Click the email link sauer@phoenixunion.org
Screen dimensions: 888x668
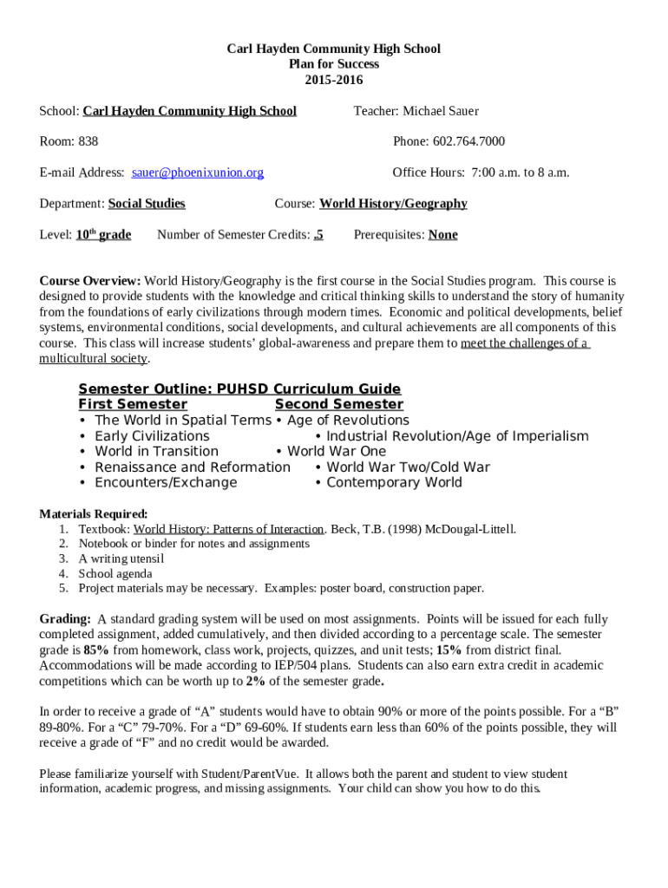198,173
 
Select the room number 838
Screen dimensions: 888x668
88,141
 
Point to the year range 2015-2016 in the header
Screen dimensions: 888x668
334,80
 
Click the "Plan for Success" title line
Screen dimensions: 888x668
334,64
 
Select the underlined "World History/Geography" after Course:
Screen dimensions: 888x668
393,204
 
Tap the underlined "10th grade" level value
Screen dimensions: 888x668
103,234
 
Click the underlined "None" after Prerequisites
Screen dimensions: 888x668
442,234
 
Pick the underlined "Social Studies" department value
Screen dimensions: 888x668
146,204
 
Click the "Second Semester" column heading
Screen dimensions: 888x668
338,404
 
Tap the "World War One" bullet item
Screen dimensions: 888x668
337,451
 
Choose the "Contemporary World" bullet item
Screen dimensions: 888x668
394,482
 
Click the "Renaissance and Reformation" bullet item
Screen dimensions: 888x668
193,467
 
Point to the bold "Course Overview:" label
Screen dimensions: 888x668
90,281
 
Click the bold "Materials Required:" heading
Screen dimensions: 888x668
94,513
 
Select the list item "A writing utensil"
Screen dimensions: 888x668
121,558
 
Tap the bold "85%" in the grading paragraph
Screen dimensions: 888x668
96,650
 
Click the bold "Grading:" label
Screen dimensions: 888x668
65,619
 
